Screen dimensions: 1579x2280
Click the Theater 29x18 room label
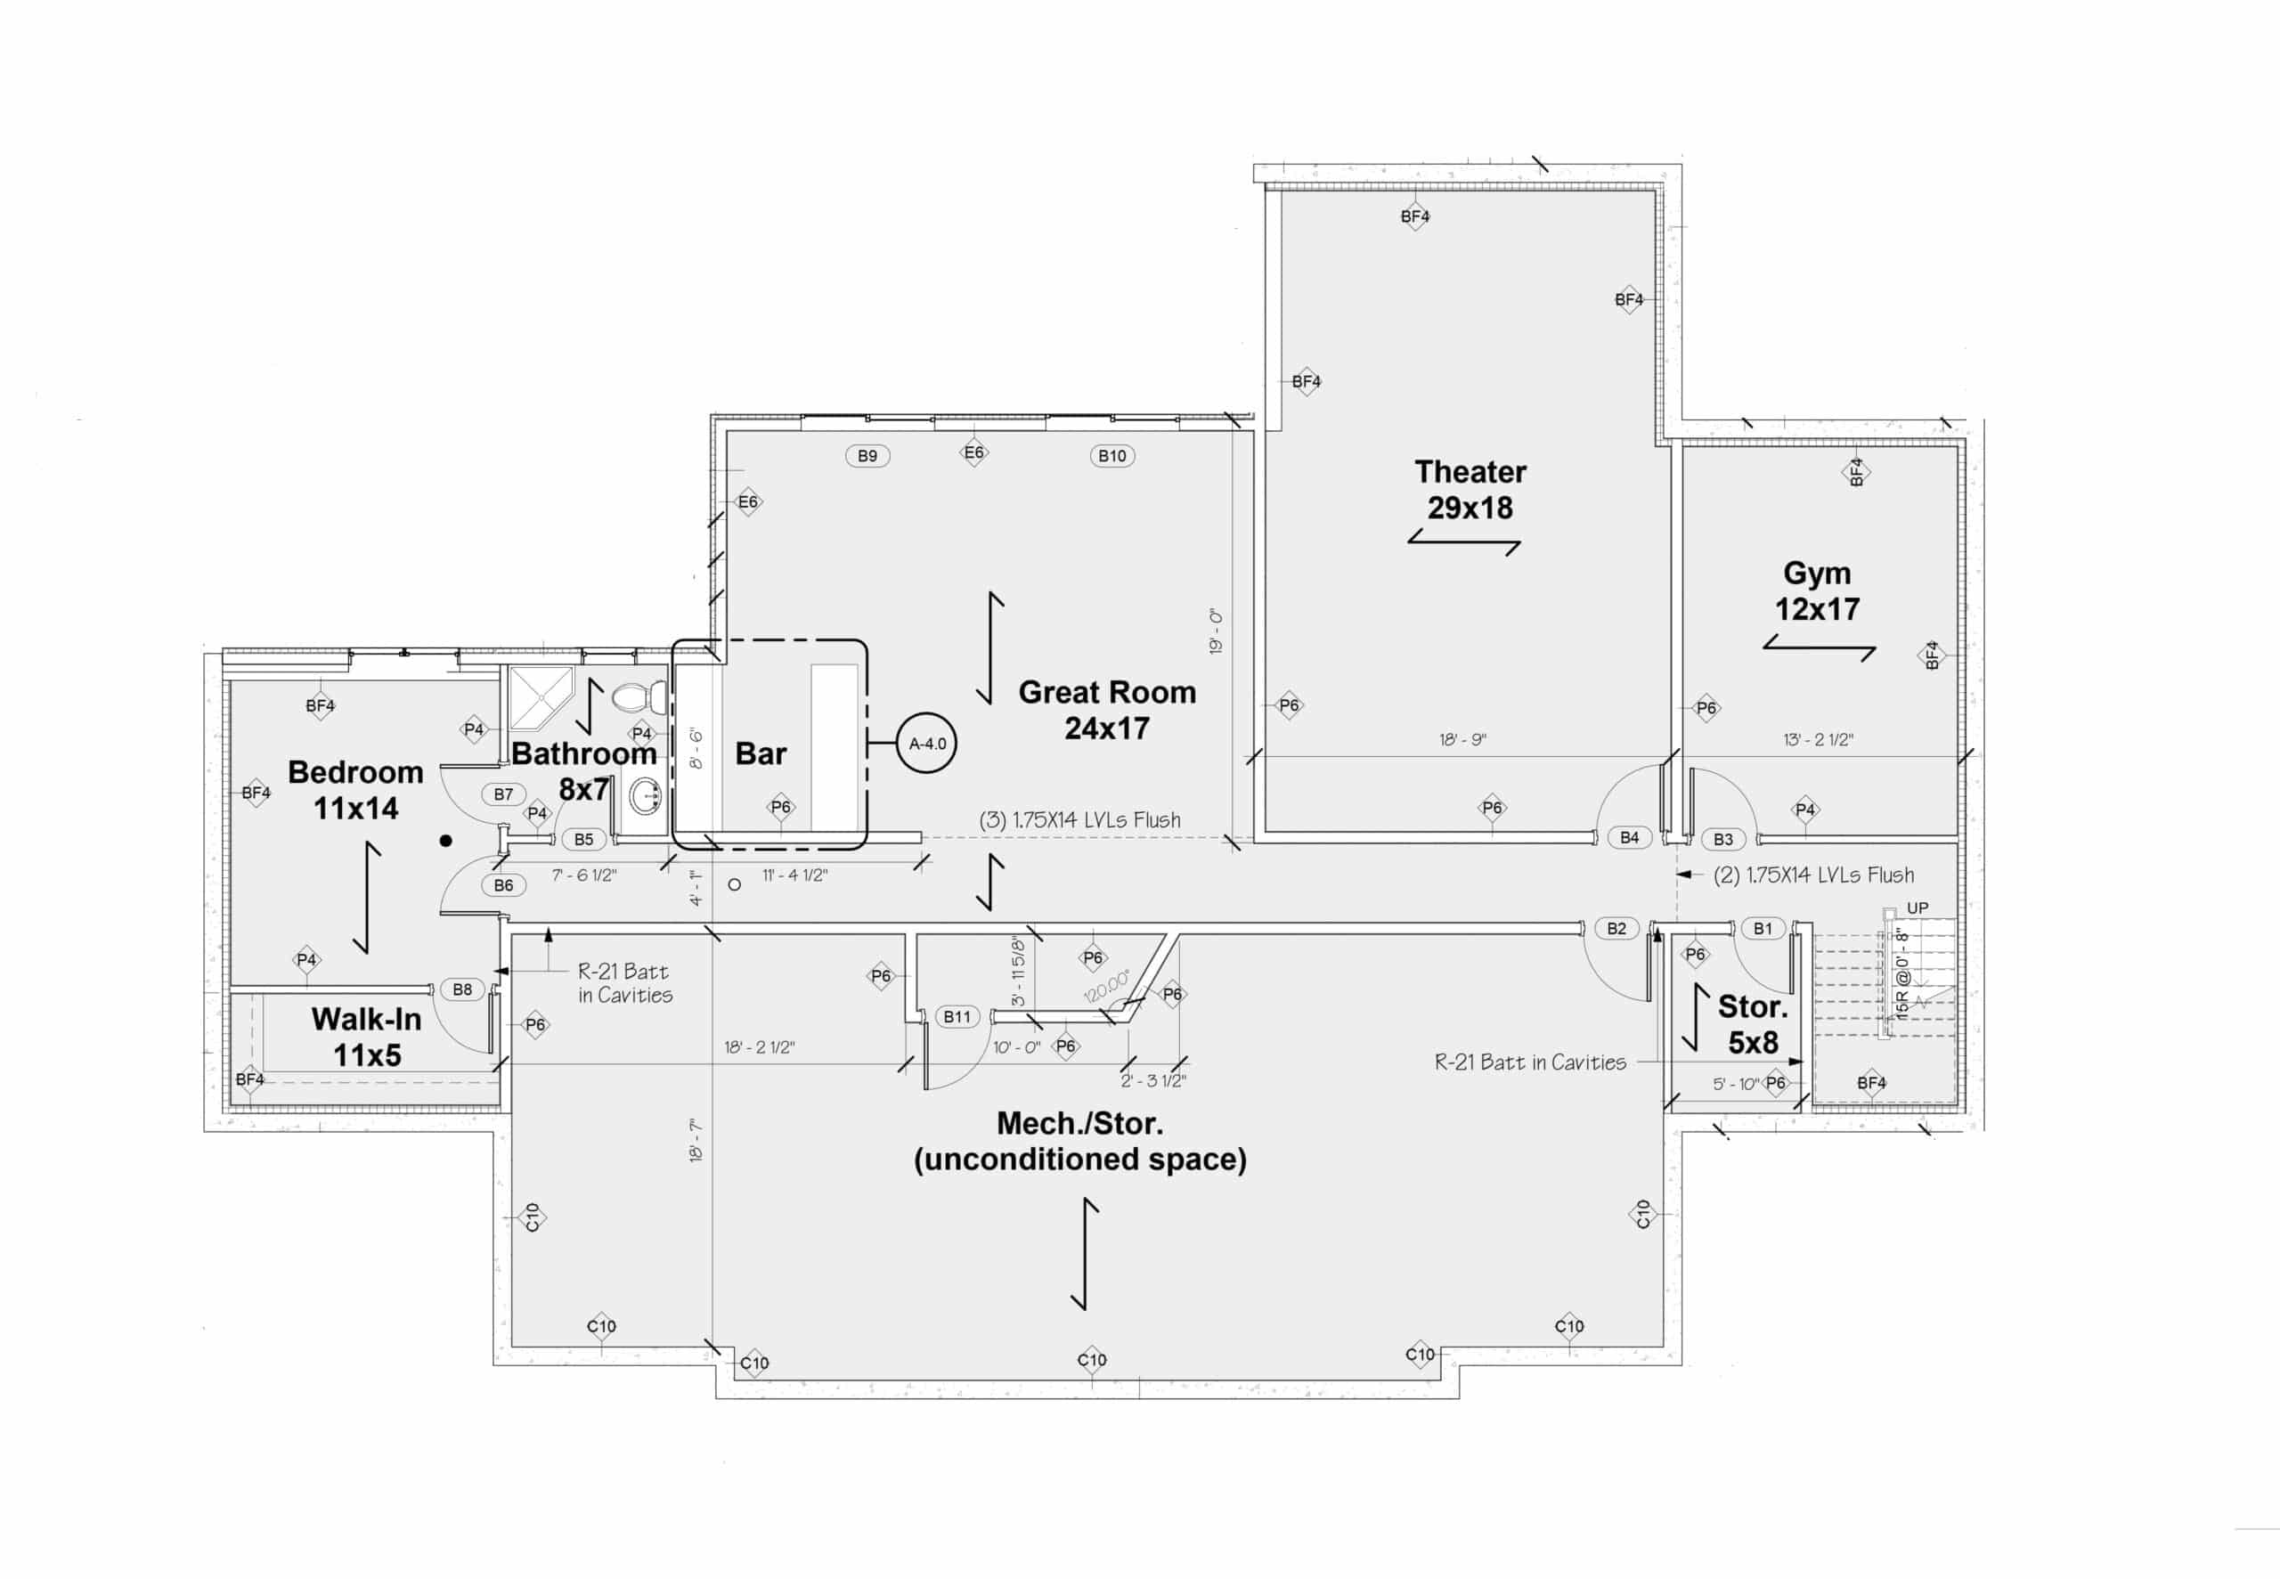pyautogui.click(x=1470, y=490)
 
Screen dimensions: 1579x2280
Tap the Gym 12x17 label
pyautogui.click(x=1817, y=590)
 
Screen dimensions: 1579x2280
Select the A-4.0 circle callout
pyautogui.click(x=927, y=743)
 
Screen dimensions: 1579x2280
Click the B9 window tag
pyautogui.click(x=867, y=456)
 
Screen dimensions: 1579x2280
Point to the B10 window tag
pyautogui.click(x=1111, y=456)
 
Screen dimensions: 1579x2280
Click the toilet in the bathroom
pyautogui.click(x=639, y=696)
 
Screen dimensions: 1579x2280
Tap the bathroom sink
pyautogui.click(x=645, y=795)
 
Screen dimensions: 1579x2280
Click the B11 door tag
pyautogui.click(x=957, y=1016)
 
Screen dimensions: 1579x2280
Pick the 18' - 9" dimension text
pyautogui.click(x=1462, y=739)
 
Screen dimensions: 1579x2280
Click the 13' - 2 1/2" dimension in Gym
pyautogui.click(x=1818, y=739)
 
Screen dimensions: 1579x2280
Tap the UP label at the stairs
pyautogui.click(x=1917, y=908)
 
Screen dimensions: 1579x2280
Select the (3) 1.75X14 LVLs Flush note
pyautogui.click(x=1079, y=820)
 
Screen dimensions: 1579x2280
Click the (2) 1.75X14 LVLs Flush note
pyautogui.click(x=1813, y=875)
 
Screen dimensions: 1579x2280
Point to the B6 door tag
pyautogui.click(x=503, y=885)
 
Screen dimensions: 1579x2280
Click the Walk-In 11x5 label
pyautogui.click(x=366, y=1037)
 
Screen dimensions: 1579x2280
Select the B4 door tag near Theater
pyautogui.click(x=1629, y=837)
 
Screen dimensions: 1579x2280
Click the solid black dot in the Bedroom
pyautogui.click(x=446, y=841)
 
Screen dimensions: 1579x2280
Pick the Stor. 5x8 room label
pyautogui.click(x=1753, y=1024)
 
